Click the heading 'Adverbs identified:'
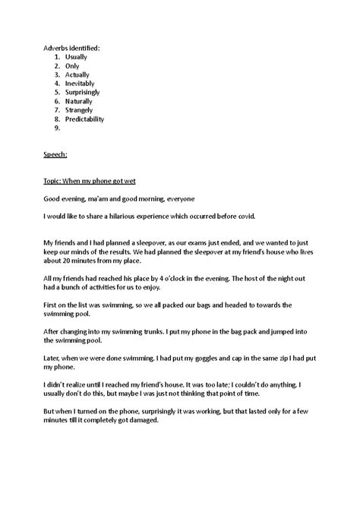tap(71, 48)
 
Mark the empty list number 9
tap(58, 128)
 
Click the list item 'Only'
tap(73, 66)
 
